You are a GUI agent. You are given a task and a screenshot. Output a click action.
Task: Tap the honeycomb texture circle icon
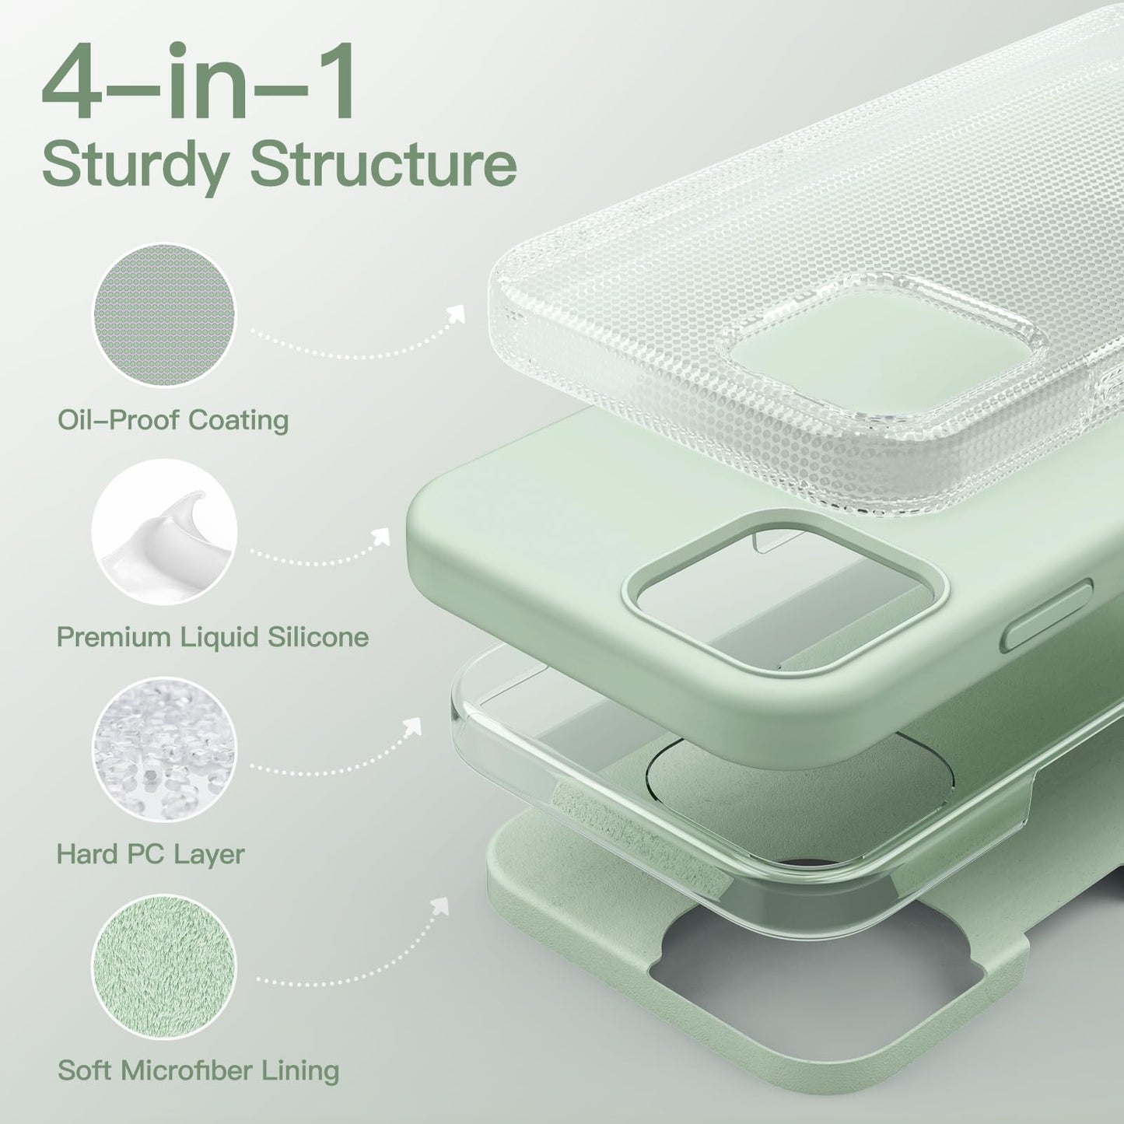(x=165, y=316)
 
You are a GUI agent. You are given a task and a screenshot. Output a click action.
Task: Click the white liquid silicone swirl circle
(x=164, y=532)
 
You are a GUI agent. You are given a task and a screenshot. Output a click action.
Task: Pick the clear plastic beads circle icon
(x=164, y=749)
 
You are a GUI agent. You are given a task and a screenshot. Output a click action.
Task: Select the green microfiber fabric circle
(x=164, y=967)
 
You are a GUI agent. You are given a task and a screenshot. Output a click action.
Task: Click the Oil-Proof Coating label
(x=173, y=421)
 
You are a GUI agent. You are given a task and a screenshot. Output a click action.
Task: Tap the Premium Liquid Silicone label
(x=213, y=637)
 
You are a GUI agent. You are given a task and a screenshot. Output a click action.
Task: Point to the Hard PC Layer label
(x=150, y=855)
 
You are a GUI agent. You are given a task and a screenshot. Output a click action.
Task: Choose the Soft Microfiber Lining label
(x=198, y=1070)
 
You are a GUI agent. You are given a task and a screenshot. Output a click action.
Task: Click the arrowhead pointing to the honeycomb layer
(x=456, y=313)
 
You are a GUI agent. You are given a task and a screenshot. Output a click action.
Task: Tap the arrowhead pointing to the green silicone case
(x=381, y=536)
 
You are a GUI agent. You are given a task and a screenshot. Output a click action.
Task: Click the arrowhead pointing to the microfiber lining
(x=439, y=906)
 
